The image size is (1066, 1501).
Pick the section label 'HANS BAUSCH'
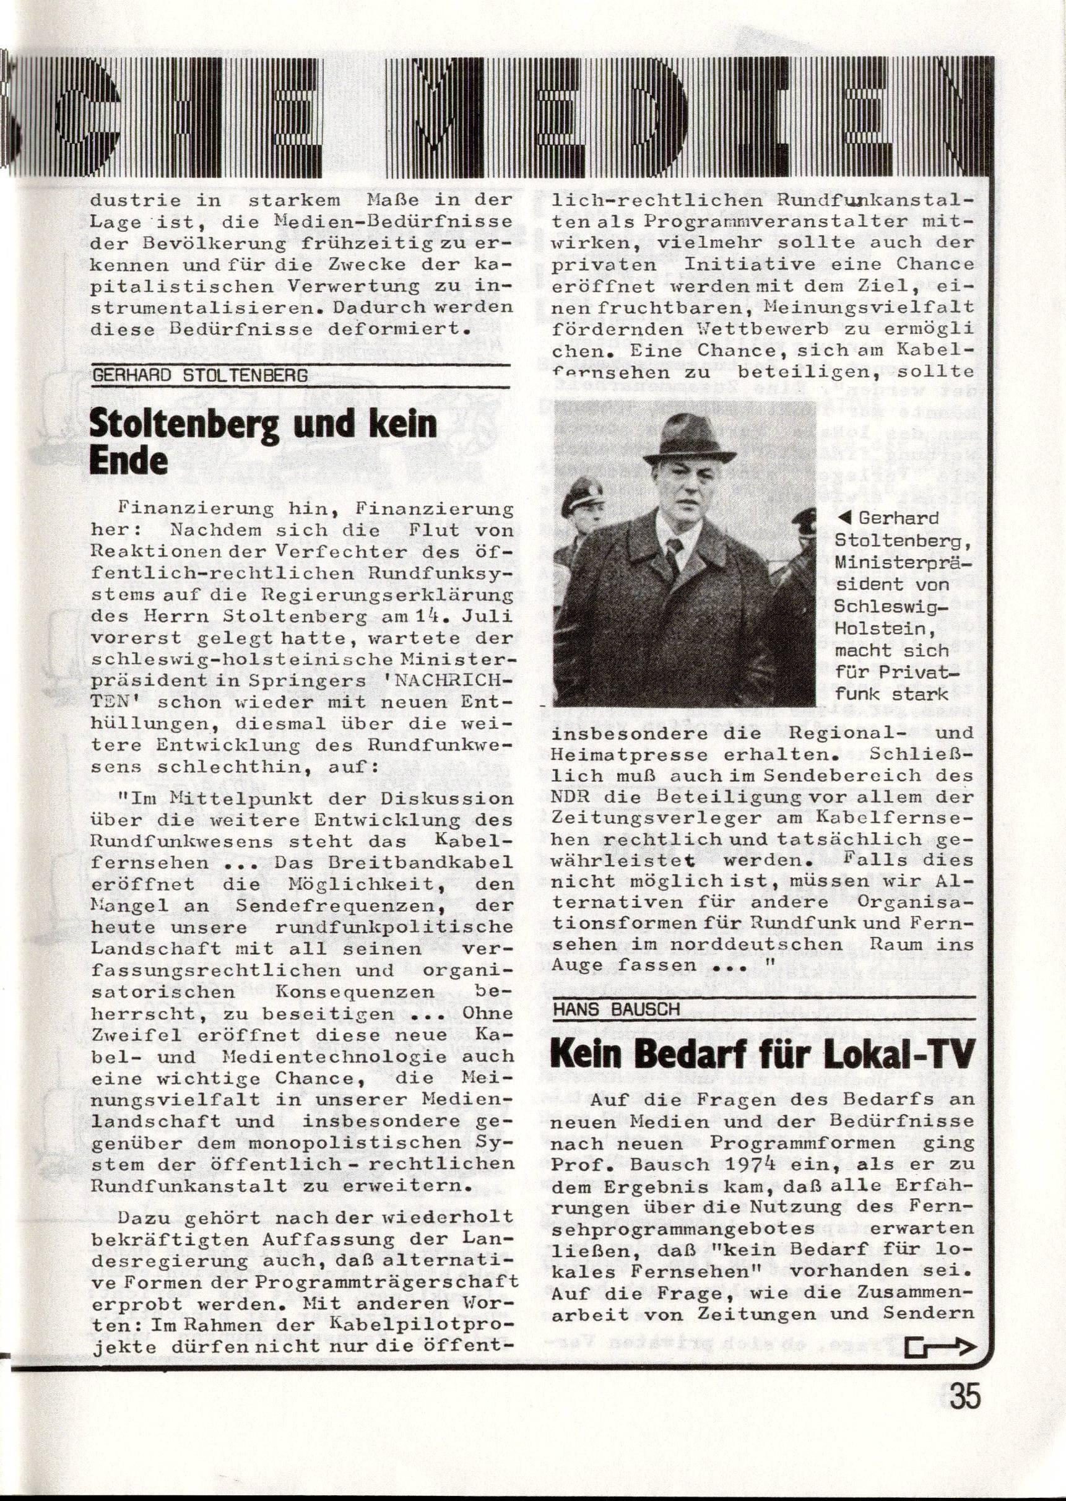(x=617, y=1009)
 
